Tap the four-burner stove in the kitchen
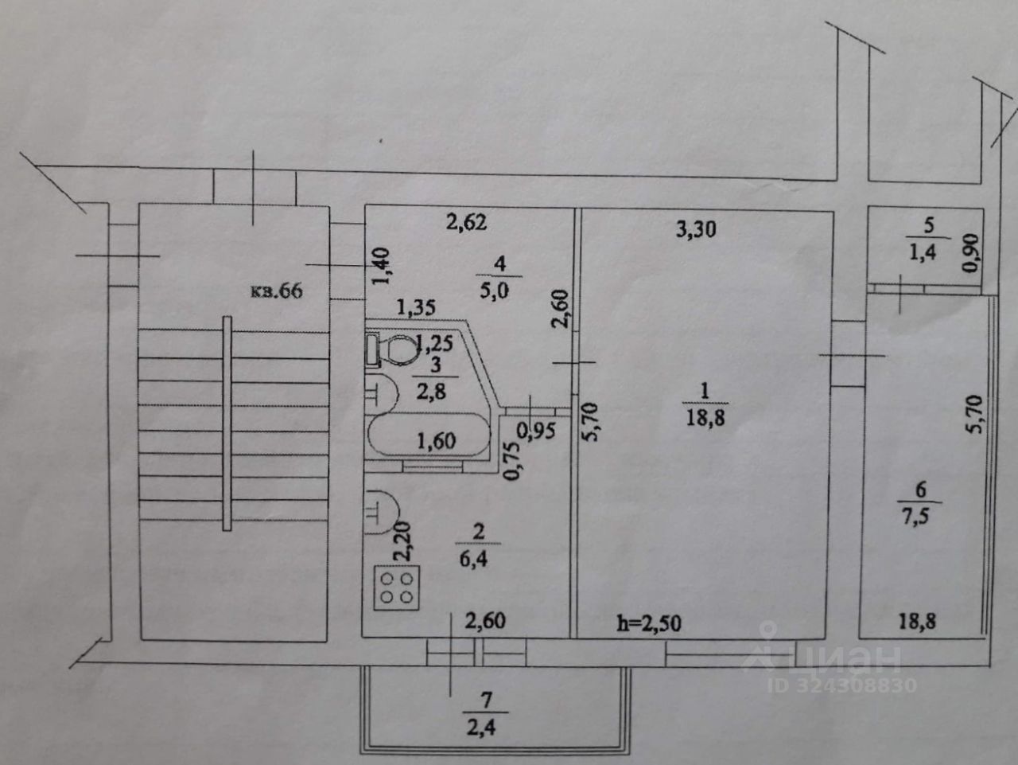(x=395, y=587)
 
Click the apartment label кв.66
(x=277, y=291)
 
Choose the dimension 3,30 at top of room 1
(x=696, y=230)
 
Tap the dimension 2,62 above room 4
(x=466, y=224)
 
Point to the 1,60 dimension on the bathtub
(x=434, y=440)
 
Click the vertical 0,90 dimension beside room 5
(x=970, y=256)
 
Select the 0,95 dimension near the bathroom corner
(x=535, y=431)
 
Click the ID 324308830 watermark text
(x=843, y=685)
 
